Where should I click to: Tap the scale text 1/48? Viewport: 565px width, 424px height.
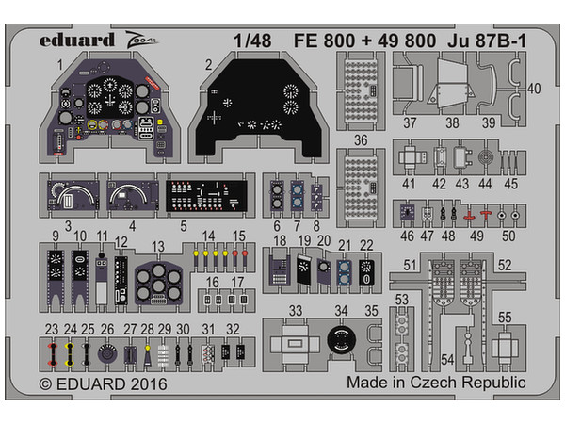click(x=247, y=41)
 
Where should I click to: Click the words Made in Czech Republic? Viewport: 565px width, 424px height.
click(x=436, y=383)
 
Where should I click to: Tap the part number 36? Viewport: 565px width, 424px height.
click(x=361, y=140)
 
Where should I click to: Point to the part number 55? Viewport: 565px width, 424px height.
click(x=505, y=318)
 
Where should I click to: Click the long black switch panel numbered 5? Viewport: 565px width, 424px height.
click(x=211, y=197)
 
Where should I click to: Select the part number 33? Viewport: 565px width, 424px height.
click(x=295, y=310)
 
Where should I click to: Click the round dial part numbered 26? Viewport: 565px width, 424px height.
click(x=106, y=356)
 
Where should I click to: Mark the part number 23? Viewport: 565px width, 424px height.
click(x=50, y=329)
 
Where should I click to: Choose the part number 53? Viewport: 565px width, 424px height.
click(x=402, y=300)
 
